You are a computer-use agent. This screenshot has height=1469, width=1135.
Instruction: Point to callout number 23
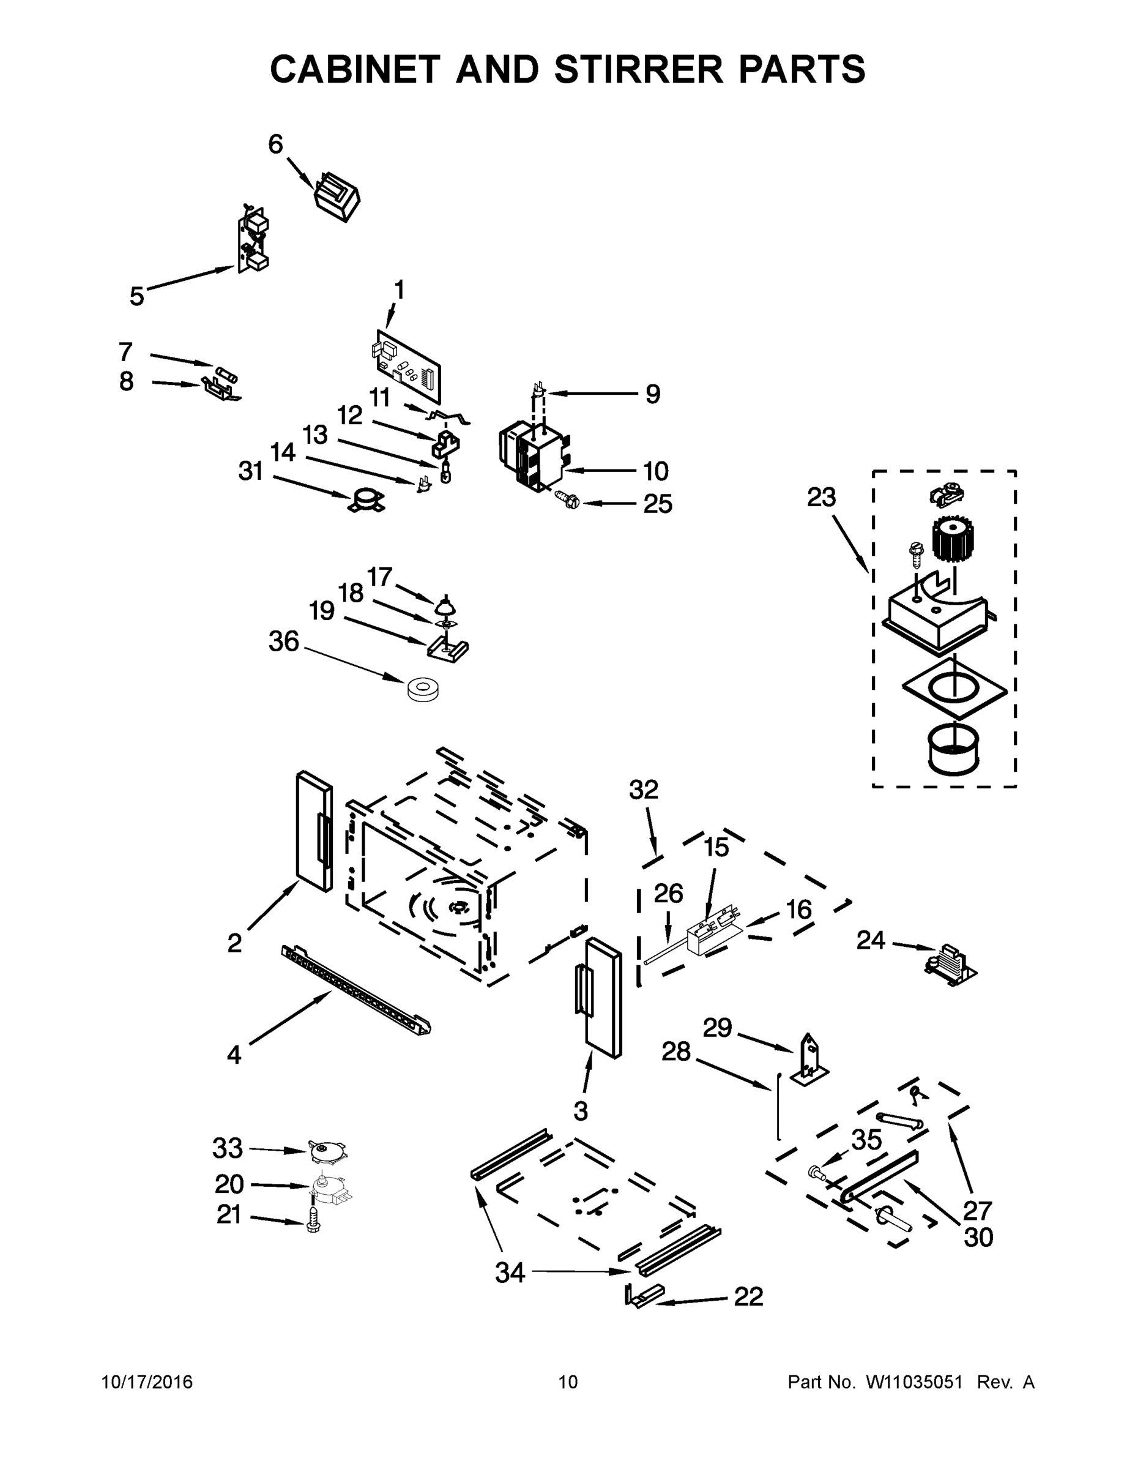pyautogui.click(x=821, y=497)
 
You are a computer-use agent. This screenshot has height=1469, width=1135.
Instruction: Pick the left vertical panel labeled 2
pyautogui.click(x=314, y=831)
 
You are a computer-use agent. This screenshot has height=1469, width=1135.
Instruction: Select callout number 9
pyautogui.click(x=652, y=394)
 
